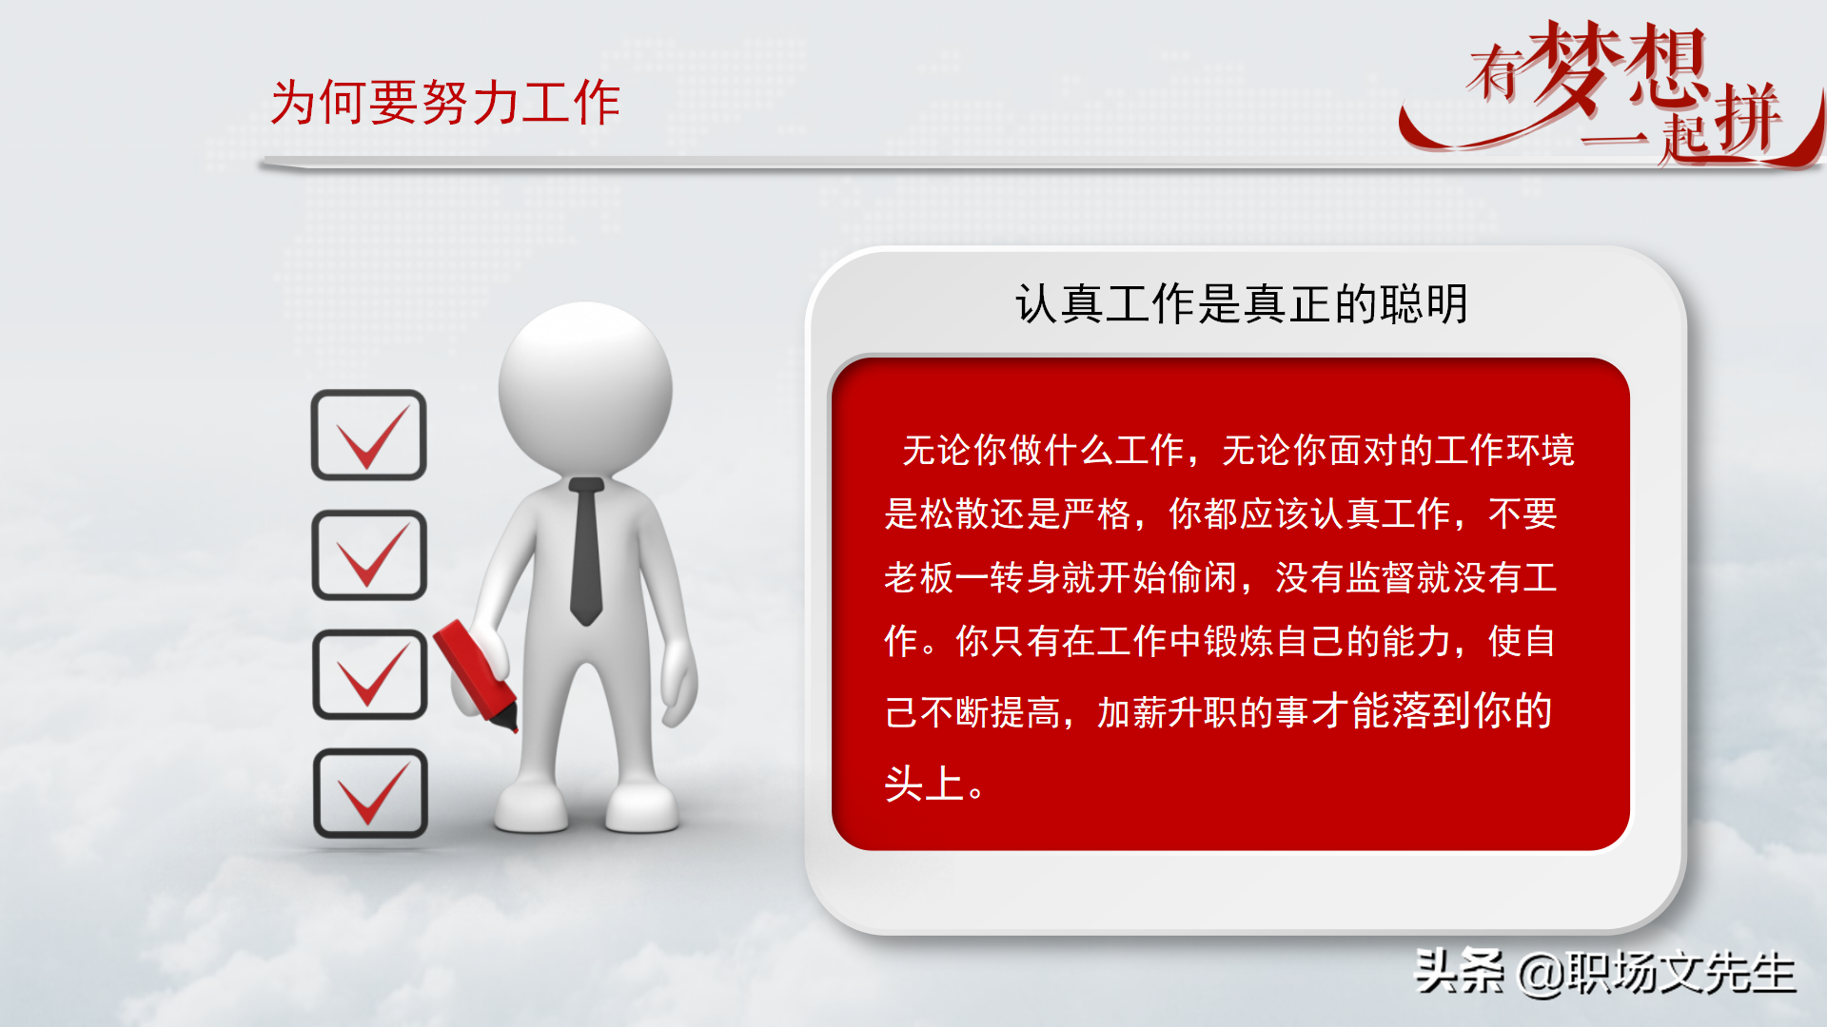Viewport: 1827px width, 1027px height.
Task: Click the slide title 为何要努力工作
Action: pyautogui.click(x=445, y=103)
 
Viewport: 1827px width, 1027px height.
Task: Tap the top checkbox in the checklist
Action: pyautogui.click(x=368, y=436)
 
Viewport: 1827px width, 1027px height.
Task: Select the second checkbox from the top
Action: pyautogui.click(x=368, y=555)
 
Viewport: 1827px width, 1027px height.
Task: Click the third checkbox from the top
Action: pyautogui.click(x=369, y=674)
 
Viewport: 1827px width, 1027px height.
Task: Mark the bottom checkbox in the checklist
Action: pyautogui.click(x=370, y=793)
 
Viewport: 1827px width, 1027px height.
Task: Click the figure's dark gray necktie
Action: pyautogui.click(x=586, y=552)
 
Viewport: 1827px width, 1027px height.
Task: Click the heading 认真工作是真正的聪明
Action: pyautogui.click(x=1241, y=304)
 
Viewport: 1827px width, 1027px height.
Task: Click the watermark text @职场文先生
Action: pyautogui.click(x=1656, y=973)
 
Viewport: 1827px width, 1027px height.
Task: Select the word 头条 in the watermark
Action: pyautogui.click(x=1460, y=972)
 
